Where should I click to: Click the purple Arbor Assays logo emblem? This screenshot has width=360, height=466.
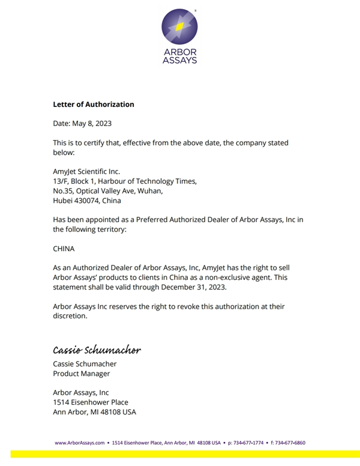(179, 27)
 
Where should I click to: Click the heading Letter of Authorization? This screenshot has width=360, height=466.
(94, 104)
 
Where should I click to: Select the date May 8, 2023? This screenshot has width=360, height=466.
(91, 124)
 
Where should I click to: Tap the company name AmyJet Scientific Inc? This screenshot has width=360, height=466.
(86, 172)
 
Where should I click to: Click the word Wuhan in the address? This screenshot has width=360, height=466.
(148, 191)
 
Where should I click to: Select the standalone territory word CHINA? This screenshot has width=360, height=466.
(64, 248)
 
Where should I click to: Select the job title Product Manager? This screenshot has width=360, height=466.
(81, 374)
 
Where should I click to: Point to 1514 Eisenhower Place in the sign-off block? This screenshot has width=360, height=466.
(91, 402)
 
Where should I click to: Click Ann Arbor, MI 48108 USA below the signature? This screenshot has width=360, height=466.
(94, 412)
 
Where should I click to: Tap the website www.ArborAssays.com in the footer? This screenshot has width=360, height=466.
(80, 443)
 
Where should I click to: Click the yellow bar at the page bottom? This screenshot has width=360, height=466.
(180, 454)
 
